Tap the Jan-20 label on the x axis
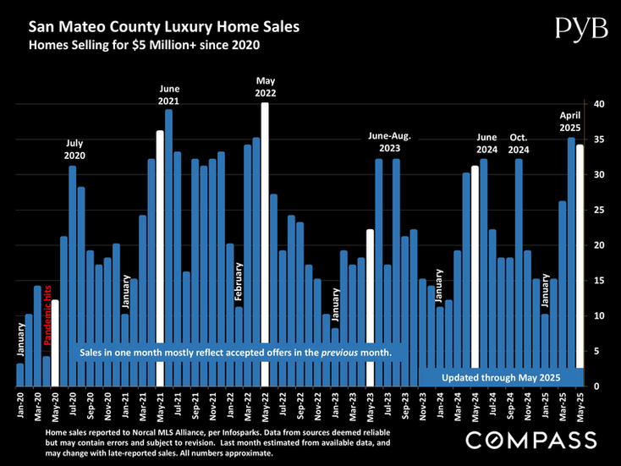20,405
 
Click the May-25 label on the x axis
580,405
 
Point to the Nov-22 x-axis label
317,405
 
